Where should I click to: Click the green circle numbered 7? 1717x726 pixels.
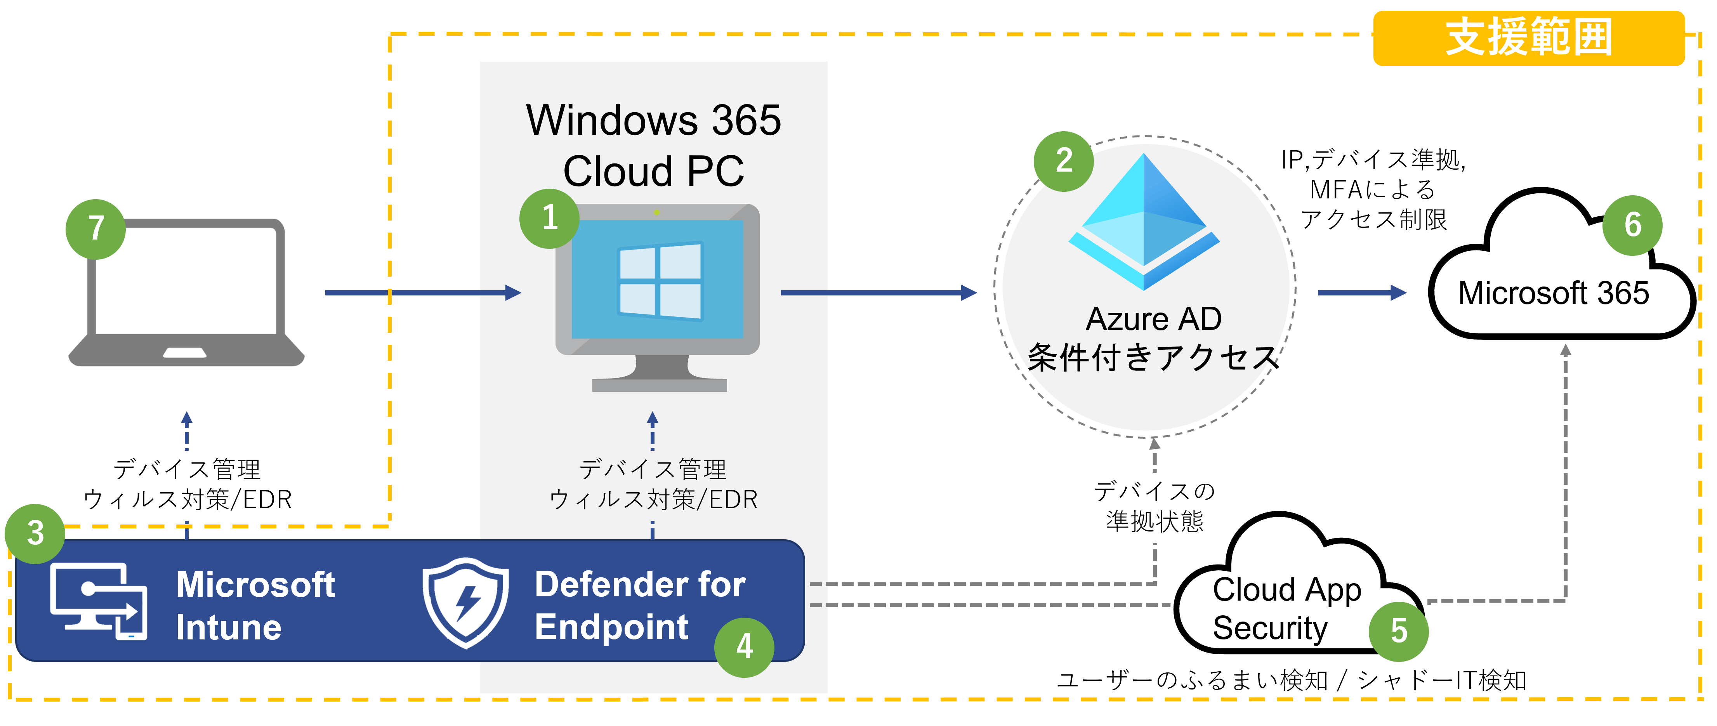tap(96, 229)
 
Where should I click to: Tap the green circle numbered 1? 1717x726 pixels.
tap(549, 218)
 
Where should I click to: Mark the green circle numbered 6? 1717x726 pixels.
tap(1632, 225)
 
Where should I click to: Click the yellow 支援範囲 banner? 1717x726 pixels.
tap(1528, 38)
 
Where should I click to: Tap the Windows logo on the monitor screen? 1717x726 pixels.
tap(660, 281)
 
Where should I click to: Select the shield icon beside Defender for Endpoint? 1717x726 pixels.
tap(465, 602)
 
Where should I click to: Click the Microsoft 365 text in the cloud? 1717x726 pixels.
tap(1553, 294)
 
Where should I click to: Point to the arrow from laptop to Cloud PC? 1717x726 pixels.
tap(423, 293)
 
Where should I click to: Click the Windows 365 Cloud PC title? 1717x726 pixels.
tap(653, 145)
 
